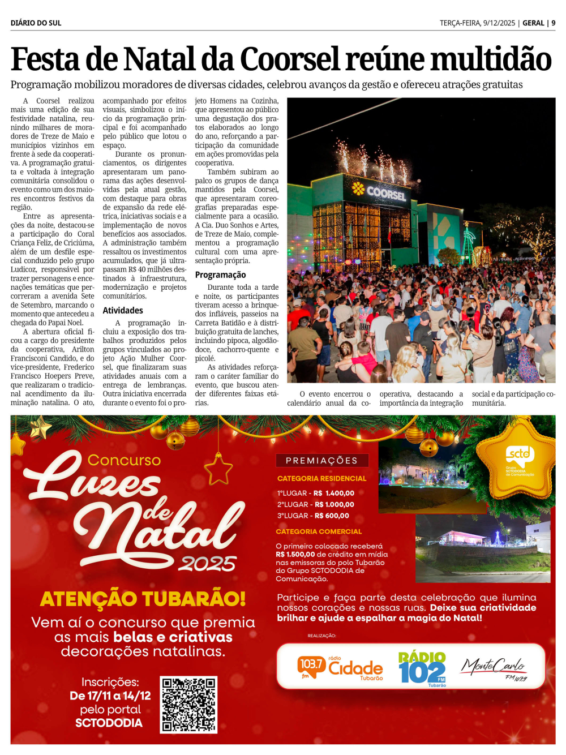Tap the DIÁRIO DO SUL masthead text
(36, 23)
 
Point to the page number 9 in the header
(553, 23)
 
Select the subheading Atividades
(123, 310)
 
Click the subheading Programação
(220, 274)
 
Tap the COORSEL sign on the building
(380, 192)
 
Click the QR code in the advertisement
(188, 704)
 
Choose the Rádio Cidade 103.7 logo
(340, 667)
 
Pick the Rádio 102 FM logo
(422, 668)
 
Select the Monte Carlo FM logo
(494, 668)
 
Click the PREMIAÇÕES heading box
(321, 460)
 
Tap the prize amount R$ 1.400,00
(334, 493)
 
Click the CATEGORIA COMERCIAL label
(319, 531)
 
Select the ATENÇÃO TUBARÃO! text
(143, 598)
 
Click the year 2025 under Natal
(207, 564)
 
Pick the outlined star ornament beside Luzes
(218, 469)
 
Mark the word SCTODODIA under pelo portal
(109, 723)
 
